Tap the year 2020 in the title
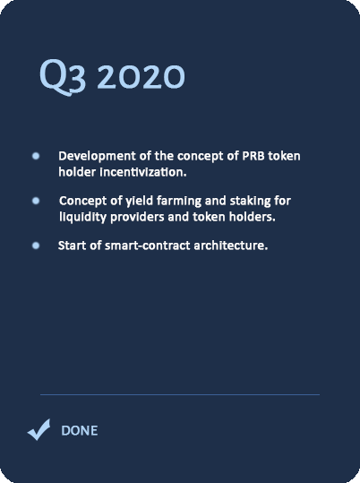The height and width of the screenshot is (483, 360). point(141,76)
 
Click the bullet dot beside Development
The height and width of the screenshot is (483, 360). point(36,156)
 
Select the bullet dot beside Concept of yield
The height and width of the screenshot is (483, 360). point(36,201)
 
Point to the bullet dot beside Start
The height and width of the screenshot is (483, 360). point(36,246)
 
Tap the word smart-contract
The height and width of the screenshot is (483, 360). point(148,246)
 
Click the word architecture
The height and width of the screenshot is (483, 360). point(231,246)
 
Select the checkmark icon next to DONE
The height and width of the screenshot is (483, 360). point(39,430)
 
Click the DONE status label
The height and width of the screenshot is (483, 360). point(80,431)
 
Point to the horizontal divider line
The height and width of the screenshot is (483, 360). point(180,394)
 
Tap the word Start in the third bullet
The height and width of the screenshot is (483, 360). point(72,246)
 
